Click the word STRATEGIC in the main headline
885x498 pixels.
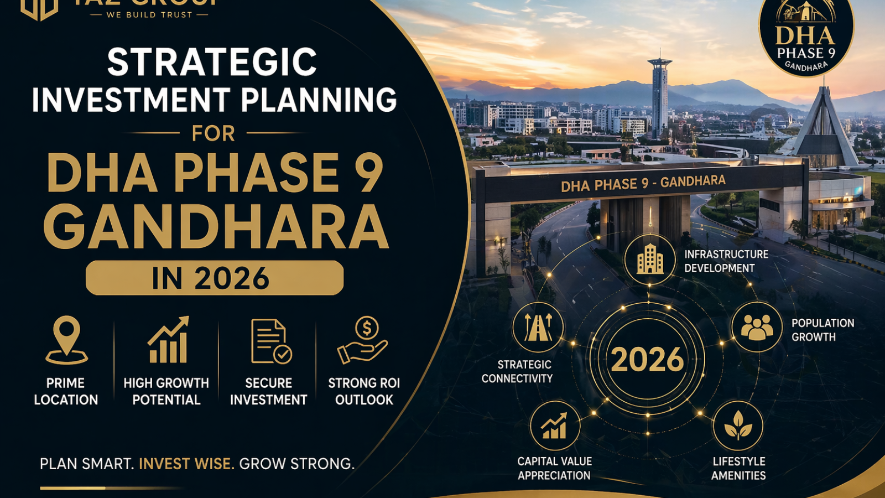[x=212, y=62]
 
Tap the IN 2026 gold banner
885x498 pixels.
[x=215, y=278]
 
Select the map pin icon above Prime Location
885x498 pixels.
[x=66, y=340]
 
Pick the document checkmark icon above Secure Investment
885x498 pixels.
[x=270, y=341]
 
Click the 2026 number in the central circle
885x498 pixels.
[x=647, y=360]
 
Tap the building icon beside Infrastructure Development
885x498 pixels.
[x=650, y=259]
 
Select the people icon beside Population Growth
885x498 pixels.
[x=757, y=327]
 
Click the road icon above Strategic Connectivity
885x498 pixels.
[x=538, y=327]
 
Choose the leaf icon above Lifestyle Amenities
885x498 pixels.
[x=738, y=426]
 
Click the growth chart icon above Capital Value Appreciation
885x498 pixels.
[x=554, y=426]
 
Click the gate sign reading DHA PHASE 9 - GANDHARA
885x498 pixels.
[x=643, y=183]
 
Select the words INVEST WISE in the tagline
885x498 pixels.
[x=186, y=464]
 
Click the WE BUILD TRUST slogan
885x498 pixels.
[x=149, y=15]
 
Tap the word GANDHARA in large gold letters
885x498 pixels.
[x=216, y=227]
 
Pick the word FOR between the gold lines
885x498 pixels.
[x=213, y=133]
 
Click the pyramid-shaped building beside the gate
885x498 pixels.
[x=824, y=130]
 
